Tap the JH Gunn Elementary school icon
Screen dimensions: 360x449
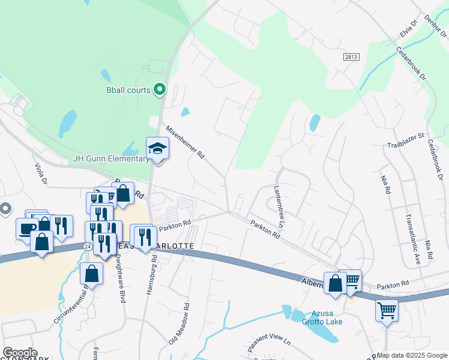[157, 148]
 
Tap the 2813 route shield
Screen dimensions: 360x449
[353, 56]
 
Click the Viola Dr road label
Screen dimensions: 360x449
[40, 175]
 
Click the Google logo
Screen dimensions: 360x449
[20, 353]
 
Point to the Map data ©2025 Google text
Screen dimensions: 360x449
[412, 355]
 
